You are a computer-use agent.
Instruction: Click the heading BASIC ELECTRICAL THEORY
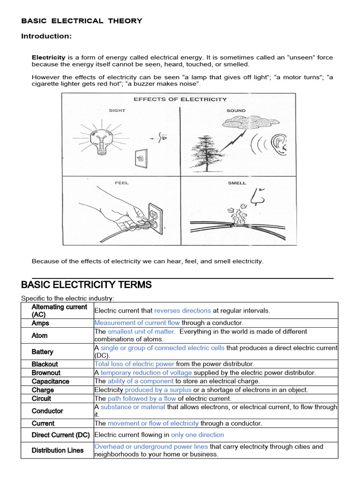click(x=82, y=21)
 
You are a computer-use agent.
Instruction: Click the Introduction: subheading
click(x=46, y=37)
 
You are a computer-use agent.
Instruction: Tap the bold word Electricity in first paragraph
click(x=49, y=57)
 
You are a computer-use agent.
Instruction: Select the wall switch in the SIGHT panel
click(x=140, y=158)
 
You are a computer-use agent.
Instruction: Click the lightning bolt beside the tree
click(x=236, y=140)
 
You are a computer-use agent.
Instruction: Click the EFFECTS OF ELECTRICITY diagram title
click(x=180, y=99)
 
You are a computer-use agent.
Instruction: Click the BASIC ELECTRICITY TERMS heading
click(x=86, y=285)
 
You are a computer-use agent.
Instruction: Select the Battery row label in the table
click(x=42, y=352)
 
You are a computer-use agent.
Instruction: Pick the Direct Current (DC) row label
click(x=60, y=435)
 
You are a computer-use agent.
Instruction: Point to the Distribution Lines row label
click(x=58, y=450)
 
